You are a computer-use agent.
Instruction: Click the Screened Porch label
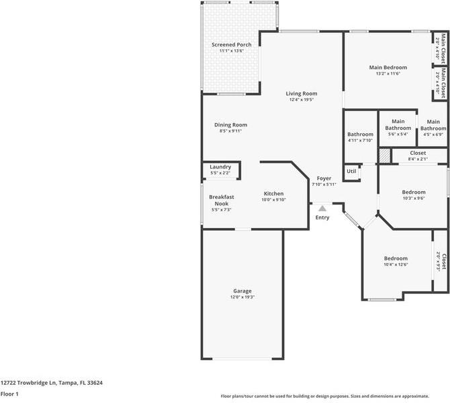232,44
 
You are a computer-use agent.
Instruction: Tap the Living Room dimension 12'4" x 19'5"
302,100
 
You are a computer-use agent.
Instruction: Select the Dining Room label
230,124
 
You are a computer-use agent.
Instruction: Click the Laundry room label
220,167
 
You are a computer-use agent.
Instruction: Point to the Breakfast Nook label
221,200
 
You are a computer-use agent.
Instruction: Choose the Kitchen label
273,193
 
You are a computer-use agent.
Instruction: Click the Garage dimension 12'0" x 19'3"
242,297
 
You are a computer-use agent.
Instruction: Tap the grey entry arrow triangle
322,208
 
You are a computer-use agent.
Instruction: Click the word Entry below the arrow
322,217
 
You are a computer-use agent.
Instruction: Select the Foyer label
324,178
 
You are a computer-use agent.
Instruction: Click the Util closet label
351,172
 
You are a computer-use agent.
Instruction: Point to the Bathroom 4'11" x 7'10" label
360,134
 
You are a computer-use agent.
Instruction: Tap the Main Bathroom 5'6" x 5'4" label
398,124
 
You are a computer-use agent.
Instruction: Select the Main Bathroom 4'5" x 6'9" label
433,124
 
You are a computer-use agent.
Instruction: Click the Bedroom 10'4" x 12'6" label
396,258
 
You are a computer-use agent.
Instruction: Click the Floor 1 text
9,394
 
